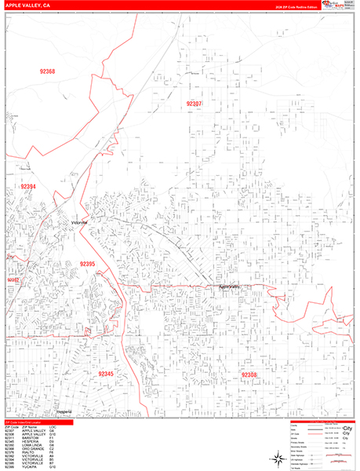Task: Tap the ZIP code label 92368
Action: point(48,72)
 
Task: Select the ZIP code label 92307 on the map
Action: point(216,104)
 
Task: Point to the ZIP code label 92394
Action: point(28,186)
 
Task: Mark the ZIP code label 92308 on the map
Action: point(249,375)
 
